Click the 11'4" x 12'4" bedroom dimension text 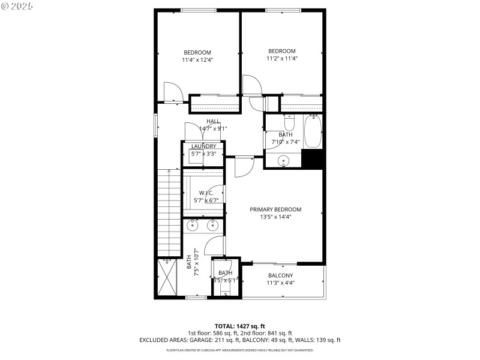(198, 60)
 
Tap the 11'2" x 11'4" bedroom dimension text (282, 59)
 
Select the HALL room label (214, 121)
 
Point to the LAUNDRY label (203, 146)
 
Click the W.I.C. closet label (206, 193)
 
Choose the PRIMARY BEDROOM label (275, 209)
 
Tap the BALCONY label (281, 275)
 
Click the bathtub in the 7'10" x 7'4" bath (313, 132)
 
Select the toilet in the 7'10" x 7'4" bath (289, 124)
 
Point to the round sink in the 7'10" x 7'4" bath (284, 161)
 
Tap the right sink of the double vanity (212, 226)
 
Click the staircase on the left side (167, 210)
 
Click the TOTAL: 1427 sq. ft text (239, 326)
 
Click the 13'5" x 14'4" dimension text (275, 217)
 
